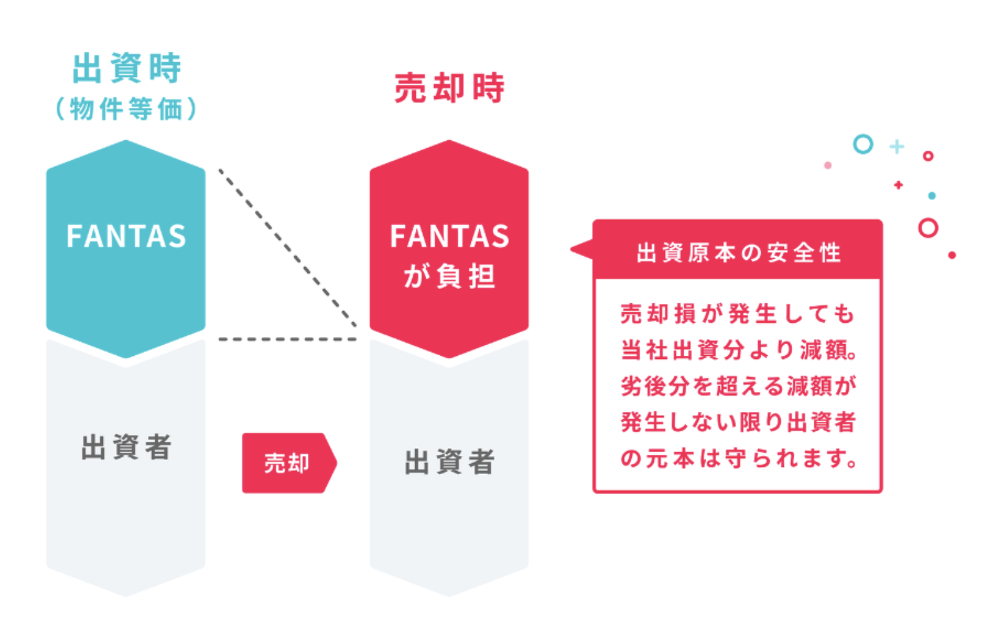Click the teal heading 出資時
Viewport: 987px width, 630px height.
(x=127, y=68)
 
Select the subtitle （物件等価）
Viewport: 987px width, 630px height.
(x=126, y=109)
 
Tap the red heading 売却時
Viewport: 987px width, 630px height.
(x=449, y=88)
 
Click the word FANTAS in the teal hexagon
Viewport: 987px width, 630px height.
(x=126, y=235)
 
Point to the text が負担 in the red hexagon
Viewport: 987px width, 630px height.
(x=449, y=276)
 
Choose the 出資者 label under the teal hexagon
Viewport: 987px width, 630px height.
(x=126, y=447)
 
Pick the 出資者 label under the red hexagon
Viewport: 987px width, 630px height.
(x=450, y=462)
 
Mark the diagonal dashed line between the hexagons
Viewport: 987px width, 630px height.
(x=288, y=248)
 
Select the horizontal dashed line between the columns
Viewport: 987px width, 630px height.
(x=288, y=339)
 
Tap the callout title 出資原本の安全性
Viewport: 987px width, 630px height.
(x=739, y=253)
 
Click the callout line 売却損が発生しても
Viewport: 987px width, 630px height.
(x=737, y=314)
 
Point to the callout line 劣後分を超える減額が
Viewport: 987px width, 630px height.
(x=739, y=386)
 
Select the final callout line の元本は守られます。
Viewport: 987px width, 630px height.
(x=739, y=458)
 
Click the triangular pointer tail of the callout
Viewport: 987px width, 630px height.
(x=581, y=250)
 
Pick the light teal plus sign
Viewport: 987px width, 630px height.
(x=896, y=147)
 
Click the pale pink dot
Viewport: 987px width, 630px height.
(x=828, y=165)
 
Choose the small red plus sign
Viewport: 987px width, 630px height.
(x=898, y=185)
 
